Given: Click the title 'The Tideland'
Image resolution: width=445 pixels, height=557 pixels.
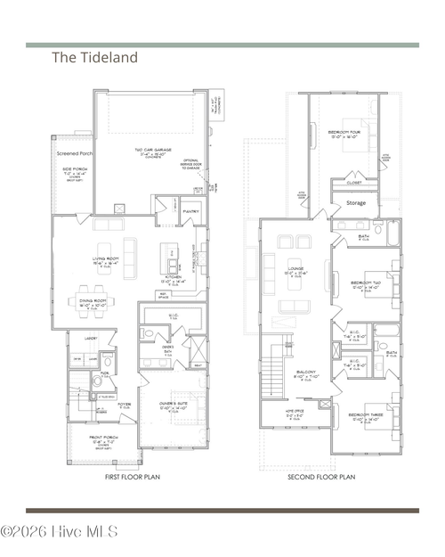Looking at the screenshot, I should [94, 58].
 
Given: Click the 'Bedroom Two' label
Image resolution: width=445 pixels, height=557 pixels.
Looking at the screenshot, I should [365, 283].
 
